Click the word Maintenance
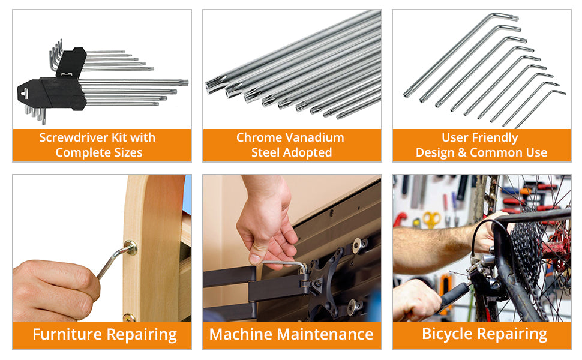(325, 334)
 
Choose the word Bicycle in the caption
(448, 334)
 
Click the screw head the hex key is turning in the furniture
(131, 248)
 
